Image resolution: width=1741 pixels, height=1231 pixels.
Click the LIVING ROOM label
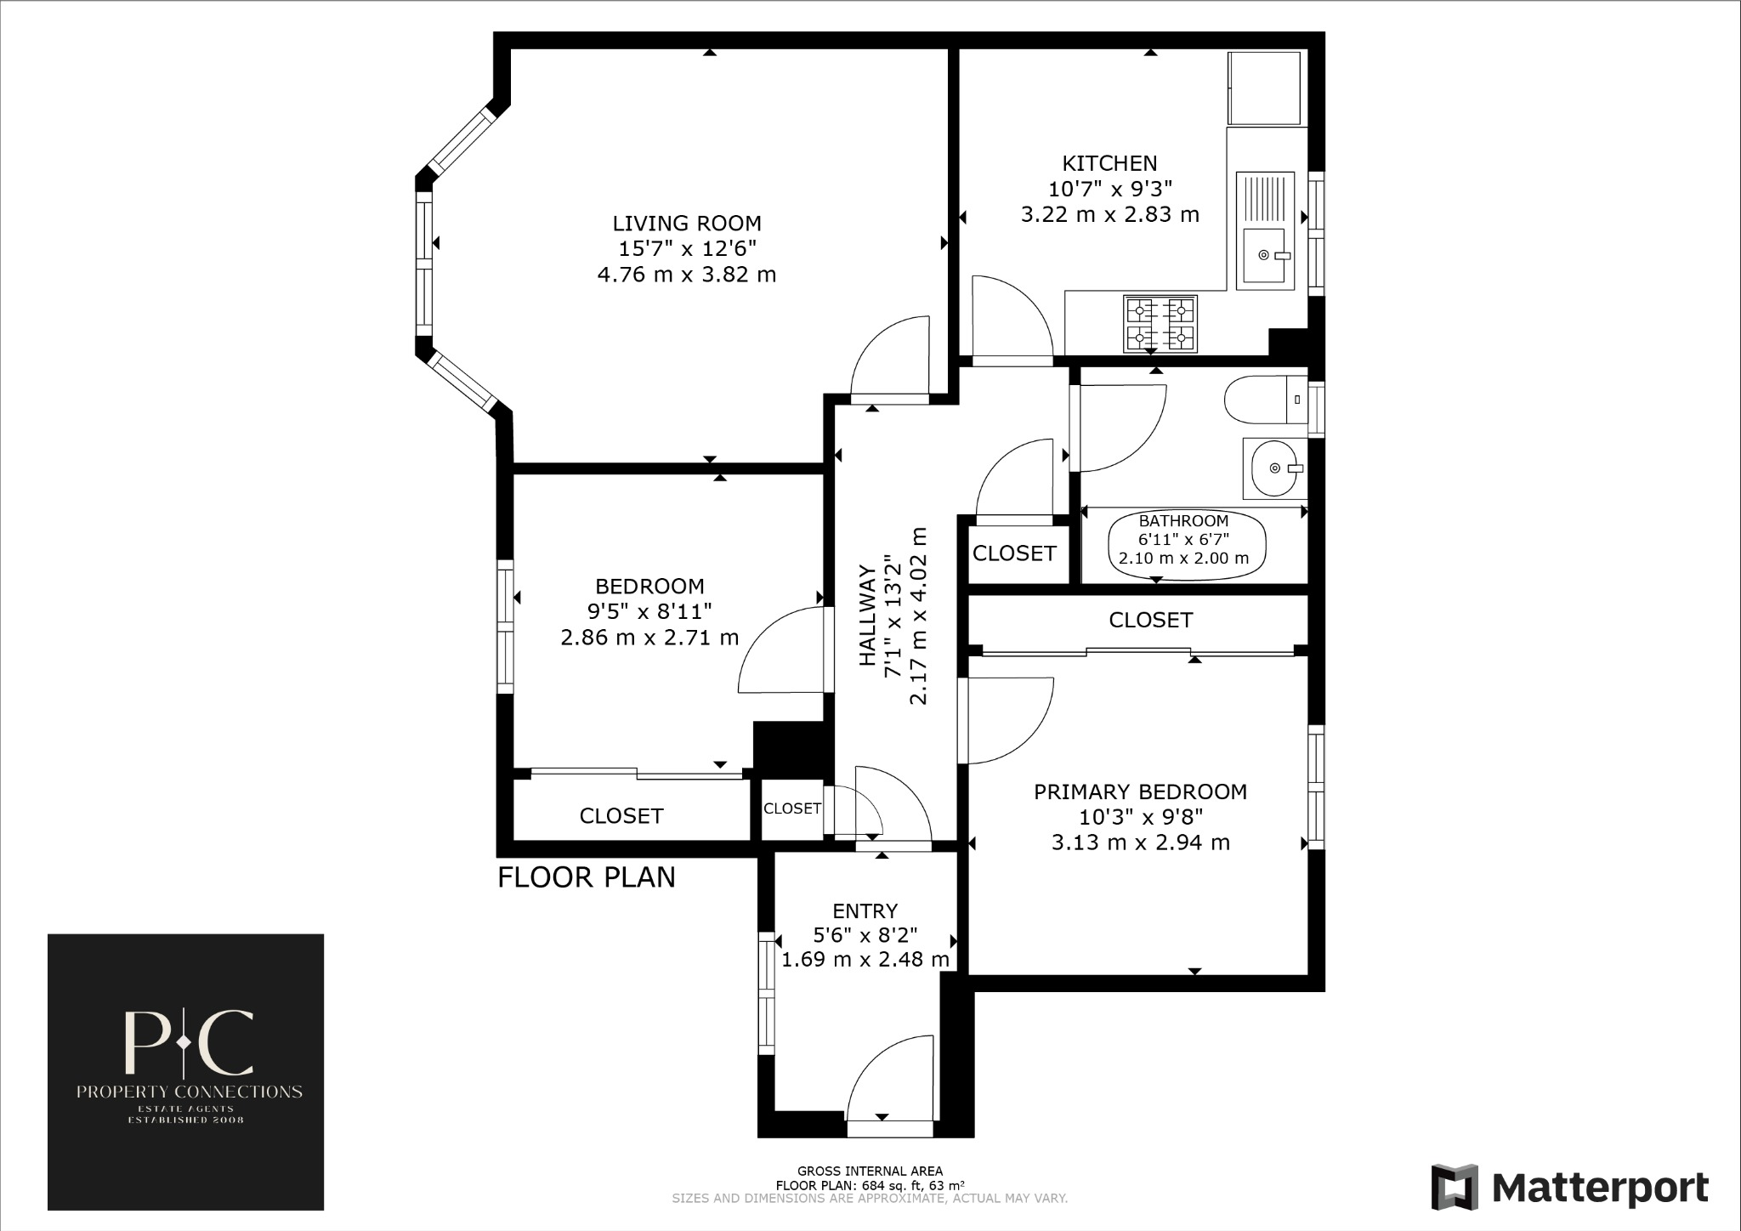pos(687,224)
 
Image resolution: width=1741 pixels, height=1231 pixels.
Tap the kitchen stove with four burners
pos(1160,324)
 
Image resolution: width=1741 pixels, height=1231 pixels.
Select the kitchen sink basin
pos(1266,255)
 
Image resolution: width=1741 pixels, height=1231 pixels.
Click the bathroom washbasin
pos(1274,468)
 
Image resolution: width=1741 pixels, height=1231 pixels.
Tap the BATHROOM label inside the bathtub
pos(1183,521)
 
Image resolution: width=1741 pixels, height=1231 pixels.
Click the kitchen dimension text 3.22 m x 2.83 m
pos(1109,214)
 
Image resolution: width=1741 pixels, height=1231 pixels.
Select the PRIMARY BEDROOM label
pos(1140,791)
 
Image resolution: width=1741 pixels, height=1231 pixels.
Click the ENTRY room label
pos(865,911)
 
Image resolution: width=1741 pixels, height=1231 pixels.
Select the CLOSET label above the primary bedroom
pos(1150,620)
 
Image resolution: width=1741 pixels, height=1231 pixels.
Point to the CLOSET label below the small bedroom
pos(621,816)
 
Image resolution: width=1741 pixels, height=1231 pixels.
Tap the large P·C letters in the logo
pos(188,1042)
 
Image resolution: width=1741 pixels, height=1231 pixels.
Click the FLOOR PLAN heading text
pos(586,877)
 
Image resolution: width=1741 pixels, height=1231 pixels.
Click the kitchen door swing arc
pos(1012,315)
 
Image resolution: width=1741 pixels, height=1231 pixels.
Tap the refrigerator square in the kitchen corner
pos(1264,88)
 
